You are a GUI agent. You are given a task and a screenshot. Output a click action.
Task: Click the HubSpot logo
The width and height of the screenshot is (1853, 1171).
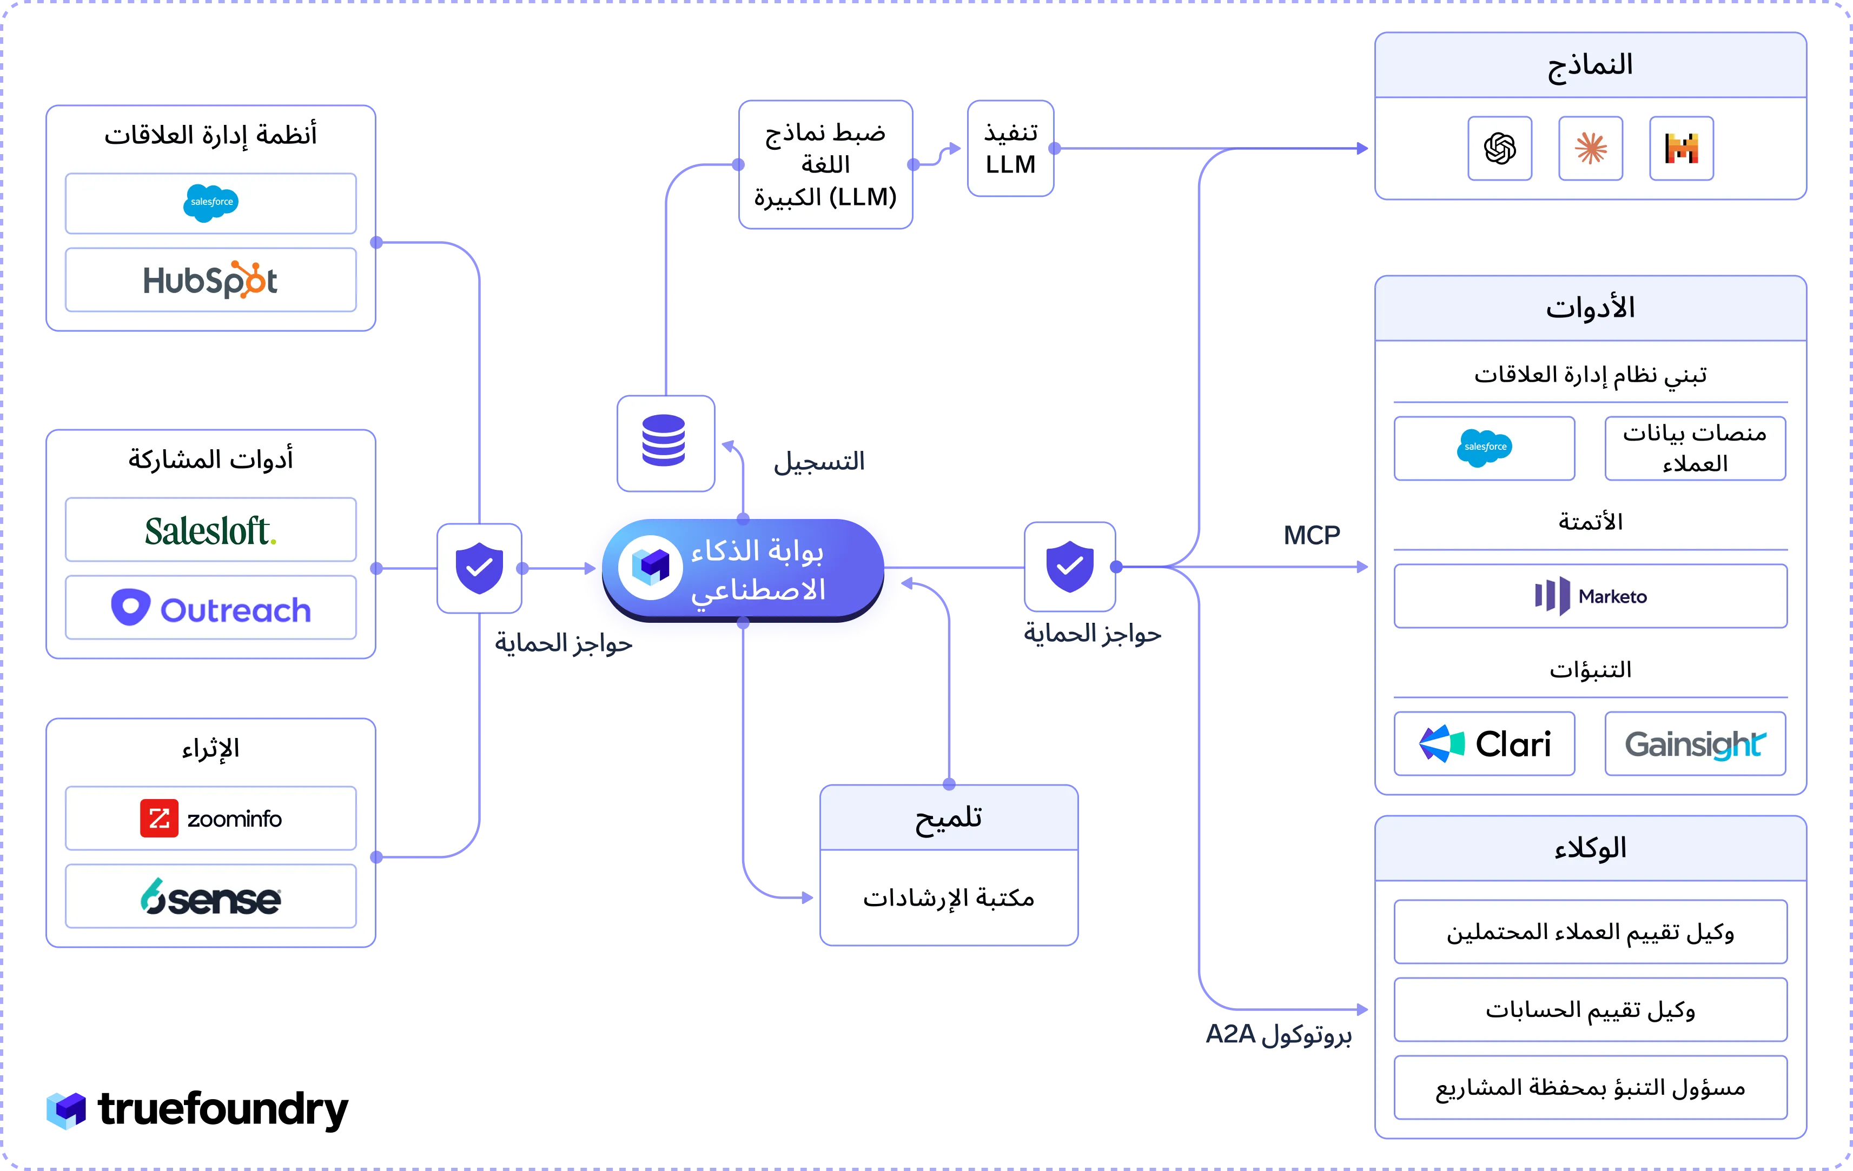click(x=210, y=280)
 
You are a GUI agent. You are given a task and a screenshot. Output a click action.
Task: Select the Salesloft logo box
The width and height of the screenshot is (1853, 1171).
click(x=211, y=530)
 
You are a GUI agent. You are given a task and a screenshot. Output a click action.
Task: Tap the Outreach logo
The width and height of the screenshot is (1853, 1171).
click(x=211, y=609)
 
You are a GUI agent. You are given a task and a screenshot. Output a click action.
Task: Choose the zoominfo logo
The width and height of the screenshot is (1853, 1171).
click(x=211, y=818)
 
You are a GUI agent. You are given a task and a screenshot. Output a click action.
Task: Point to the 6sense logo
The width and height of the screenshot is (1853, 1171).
click(x=211, y=897)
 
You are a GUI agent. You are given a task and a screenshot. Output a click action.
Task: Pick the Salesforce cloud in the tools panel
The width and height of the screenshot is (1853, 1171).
click(x=1484, y=448)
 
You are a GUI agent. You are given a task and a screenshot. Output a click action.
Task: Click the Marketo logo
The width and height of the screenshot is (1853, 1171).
click(x=1591, y=596)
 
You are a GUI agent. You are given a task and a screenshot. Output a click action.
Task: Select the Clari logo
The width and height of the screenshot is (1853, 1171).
click(x=1484, y=744)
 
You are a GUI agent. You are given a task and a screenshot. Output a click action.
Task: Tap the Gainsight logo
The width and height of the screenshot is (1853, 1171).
click(x=1695, y=744)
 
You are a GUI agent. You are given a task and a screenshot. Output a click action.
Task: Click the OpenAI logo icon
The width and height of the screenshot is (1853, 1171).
click(x=1500, y=149)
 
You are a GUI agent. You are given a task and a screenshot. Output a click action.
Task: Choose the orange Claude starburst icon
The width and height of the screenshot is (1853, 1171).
click(x=1591, y=149)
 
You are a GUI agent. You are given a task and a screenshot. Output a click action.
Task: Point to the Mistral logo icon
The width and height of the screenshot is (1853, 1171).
click(x=1682, y=149)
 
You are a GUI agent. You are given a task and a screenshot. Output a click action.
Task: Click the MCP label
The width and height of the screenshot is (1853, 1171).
click(x=1311, y=535)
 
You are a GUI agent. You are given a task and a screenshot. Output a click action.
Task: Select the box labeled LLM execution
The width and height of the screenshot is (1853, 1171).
click(x=1010, y=149)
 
